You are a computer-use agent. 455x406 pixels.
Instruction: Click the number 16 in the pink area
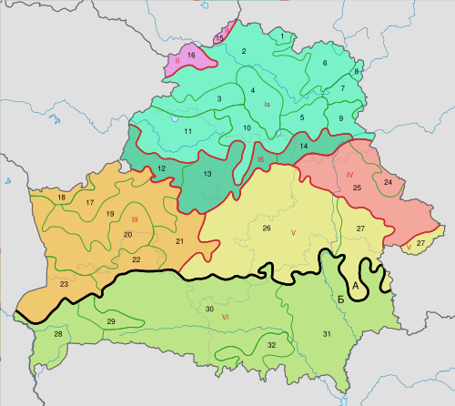[191, 56]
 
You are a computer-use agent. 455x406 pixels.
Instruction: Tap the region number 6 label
[324, 63]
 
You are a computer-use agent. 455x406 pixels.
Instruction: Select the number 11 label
[187, 132]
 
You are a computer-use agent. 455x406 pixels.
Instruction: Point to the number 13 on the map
[207, 173]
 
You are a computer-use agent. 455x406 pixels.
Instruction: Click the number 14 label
[304, 146]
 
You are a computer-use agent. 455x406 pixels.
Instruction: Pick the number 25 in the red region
[357, 188]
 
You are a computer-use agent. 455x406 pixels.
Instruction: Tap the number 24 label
[388, 182]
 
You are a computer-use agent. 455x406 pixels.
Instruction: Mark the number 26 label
[267, 227]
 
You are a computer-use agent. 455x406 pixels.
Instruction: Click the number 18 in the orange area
[62, 198]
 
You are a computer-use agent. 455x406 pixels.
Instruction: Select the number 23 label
[65, 285]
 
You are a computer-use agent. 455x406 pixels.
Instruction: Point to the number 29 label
[111, 322]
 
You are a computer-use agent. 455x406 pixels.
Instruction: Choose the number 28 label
[58, 335]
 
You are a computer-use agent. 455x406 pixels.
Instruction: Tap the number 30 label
[209, 310]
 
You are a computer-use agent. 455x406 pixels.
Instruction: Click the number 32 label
[271, 345]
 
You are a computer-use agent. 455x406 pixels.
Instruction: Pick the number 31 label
[327, 335]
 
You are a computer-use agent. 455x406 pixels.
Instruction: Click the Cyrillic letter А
[357, 287]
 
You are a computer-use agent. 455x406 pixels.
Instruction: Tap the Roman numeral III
[134, 219]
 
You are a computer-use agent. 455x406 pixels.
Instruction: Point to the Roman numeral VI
[225, 316]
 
